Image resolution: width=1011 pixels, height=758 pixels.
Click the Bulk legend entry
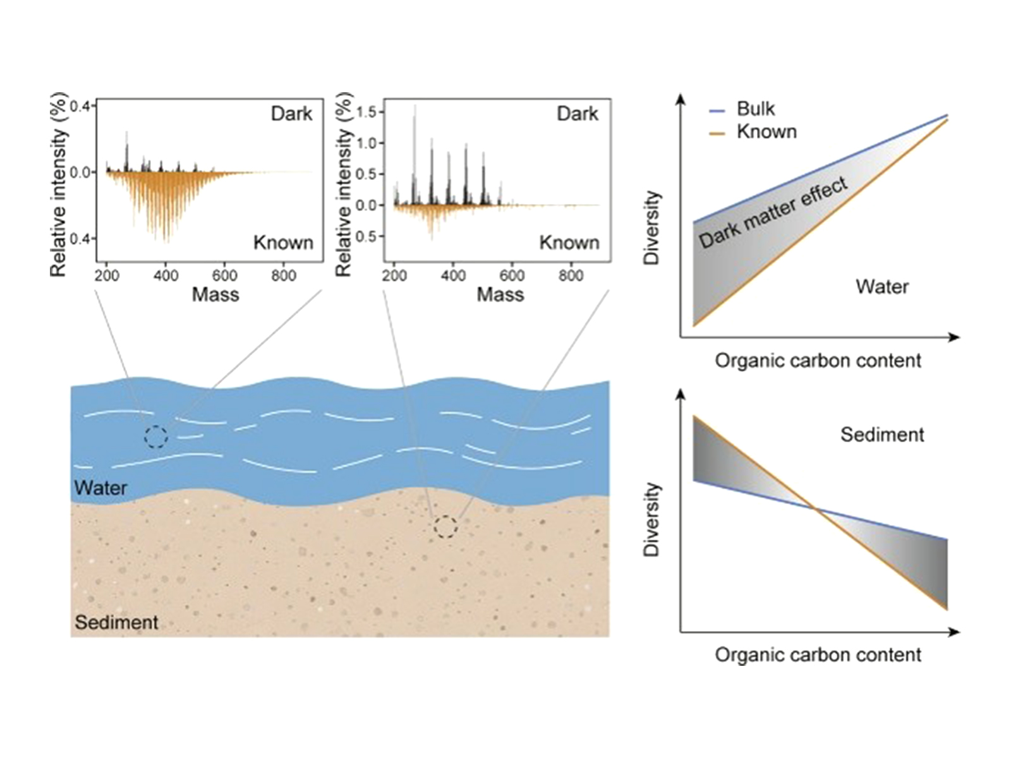coord(742,109)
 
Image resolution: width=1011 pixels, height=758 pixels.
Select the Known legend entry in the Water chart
coord(753,132)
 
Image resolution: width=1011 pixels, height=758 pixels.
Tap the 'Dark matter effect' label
coord(773,212)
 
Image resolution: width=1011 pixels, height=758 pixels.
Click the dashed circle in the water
coord(155,436)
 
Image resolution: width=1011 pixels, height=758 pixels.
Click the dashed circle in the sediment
coord(445,527)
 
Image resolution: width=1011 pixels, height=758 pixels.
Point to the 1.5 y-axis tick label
coord(366,112)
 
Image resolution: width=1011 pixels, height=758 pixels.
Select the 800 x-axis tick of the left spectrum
coord(283,275)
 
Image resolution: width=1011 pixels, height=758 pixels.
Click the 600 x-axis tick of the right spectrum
coord(512,275)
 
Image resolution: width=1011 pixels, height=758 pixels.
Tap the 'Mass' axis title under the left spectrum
coord(215,295)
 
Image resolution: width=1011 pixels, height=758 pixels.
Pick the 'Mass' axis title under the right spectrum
coord(500,295)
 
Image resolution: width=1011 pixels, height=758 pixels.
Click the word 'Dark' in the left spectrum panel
coord(291,114)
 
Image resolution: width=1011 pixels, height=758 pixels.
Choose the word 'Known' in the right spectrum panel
coord(569,243)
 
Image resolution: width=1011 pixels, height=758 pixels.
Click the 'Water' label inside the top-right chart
coord(882,287)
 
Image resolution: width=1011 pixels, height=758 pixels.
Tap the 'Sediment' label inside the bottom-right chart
coord(882,435)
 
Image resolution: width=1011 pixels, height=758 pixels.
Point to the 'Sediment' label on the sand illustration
coord(116,623)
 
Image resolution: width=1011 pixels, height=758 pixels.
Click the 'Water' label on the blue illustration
coord(100,488)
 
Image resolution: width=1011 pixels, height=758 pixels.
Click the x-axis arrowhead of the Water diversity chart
coord(954,337)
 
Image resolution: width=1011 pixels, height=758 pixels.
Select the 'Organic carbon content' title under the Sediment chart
coord(818,654)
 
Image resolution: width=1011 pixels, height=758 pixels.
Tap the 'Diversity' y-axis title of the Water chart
coord(652,228)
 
